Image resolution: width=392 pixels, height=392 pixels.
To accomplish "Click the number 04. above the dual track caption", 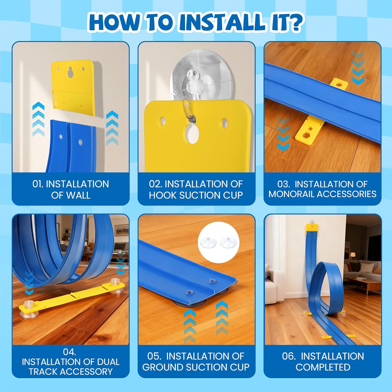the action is (x=69, y=352).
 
